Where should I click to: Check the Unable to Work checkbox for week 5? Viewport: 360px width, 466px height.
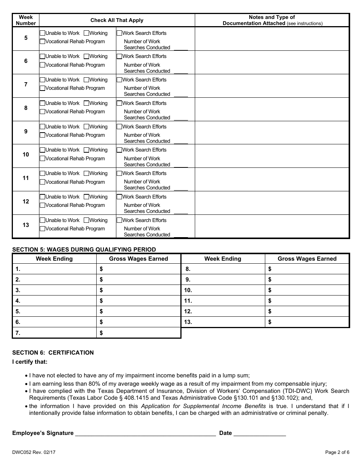[x=42, y=33]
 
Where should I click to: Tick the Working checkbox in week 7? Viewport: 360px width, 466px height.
[x=86, y=80]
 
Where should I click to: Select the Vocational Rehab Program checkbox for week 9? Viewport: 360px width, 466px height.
[x=42, y=135]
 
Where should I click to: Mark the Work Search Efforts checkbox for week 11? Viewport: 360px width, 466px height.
[x=119, y=174]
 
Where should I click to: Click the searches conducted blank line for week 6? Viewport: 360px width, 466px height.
[x=181, y=71]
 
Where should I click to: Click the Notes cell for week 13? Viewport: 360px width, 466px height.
[x=272, y=226]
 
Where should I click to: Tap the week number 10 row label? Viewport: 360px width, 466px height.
[x=26, y=155]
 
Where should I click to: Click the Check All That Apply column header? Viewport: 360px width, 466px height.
[x=117, y=20]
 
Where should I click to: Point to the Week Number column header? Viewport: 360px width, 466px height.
[x=26, y=20]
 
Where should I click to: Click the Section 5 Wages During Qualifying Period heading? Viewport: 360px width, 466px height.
[x=84, y=249]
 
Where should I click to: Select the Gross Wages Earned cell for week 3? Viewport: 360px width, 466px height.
[x=139, y=290]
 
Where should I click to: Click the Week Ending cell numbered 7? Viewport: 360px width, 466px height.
[x=55, y=333]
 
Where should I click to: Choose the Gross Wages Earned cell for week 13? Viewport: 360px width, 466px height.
[x=307, y=322]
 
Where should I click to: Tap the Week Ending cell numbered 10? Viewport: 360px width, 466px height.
[x=223, y=290]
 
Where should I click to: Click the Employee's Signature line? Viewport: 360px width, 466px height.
[x=146, y=433]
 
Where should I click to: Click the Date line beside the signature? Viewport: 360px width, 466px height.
[x=260, y=433]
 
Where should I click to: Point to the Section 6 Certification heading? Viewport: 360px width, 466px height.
[x=53, y=352]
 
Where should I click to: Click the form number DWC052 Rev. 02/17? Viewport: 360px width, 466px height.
[x=34, y=452]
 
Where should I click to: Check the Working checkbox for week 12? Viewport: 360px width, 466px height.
[x=86, y=197]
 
